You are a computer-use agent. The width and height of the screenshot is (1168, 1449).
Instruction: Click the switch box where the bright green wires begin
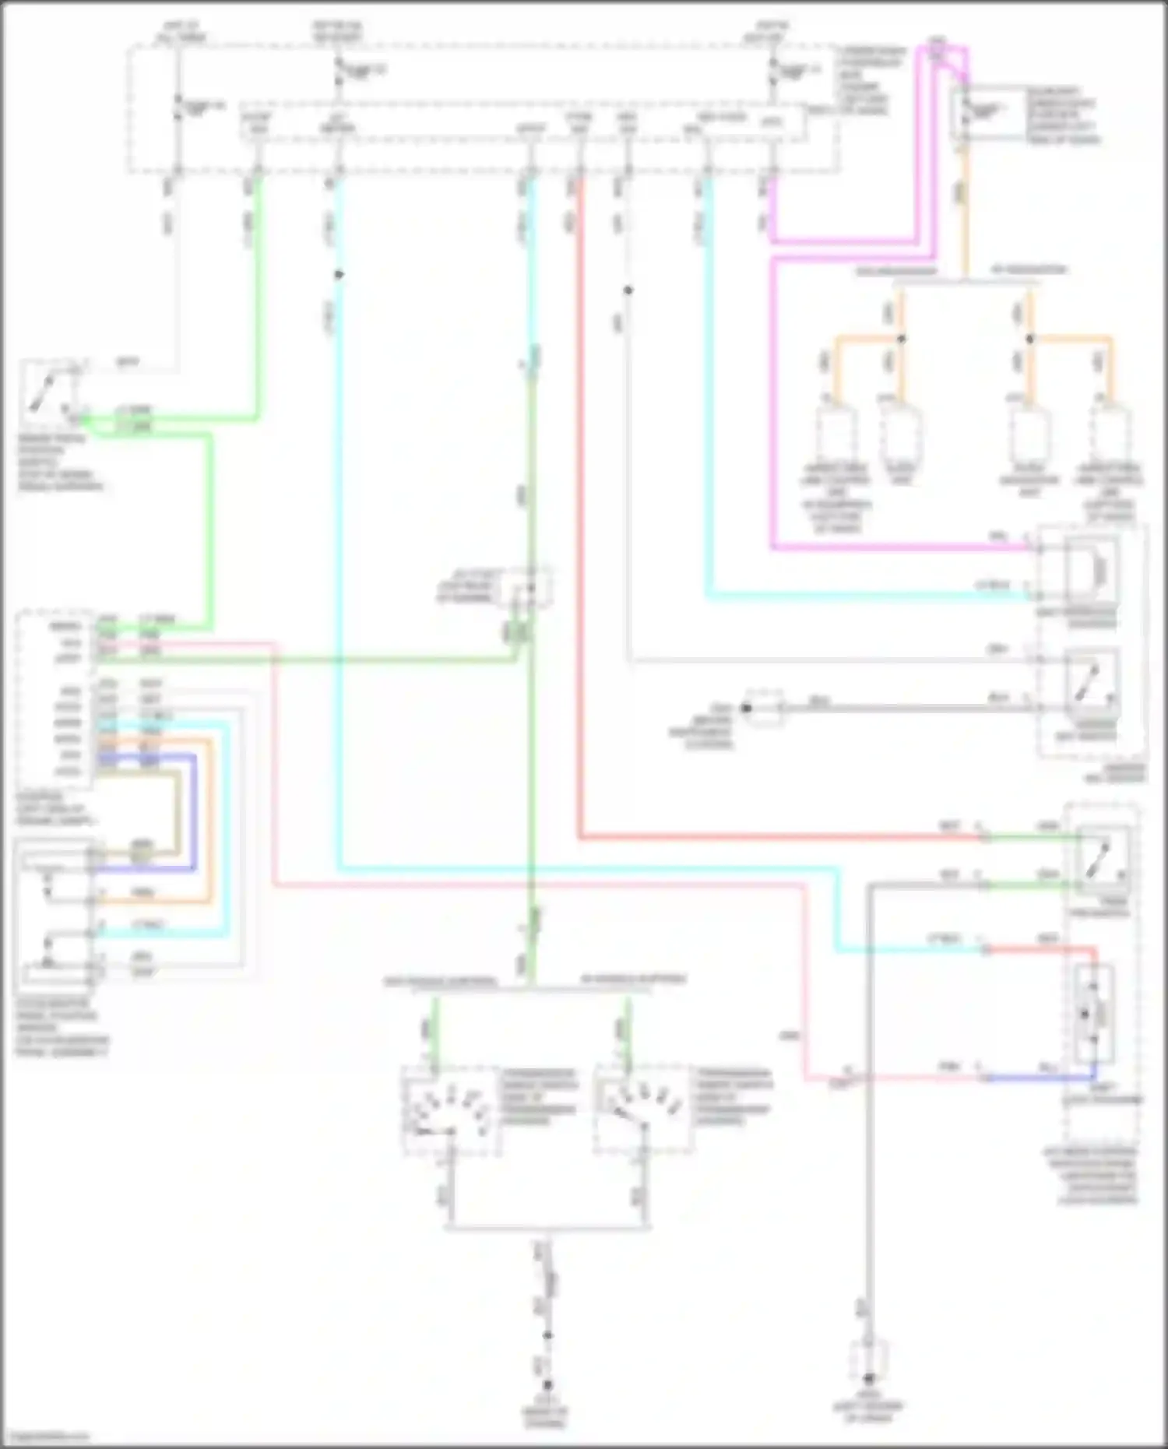pyautogui.click(x=51, y=392)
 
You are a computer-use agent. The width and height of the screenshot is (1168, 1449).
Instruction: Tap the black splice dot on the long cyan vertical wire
pyautogui.click(x=338, y=275)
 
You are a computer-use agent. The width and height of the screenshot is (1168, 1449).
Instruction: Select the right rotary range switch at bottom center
pyautogui.click(x=643, y=1110)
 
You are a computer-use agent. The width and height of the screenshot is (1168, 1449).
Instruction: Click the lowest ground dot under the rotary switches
pyautogui.click(x=547, y=1384)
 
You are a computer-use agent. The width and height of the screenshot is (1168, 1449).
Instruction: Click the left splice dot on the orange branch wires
pyautogui.click(x=901, y=339)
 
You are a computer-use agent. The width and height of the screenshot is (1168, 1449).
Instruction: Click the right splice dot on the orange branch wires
pyautogui.click(x=1029, y=339)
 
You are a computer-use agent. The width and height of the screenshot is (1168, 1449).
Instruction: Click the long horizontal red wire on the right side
pyautogui.click(x=779, y=839)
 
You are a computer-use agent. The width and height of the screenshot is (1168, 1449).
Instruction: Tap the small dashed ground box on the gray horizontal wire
pyautogui.click(x=764, y=708)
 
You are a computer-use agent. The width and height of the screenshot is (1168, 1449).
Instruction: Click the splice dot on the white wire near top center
pyautogui.click(x=628, y=290)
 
